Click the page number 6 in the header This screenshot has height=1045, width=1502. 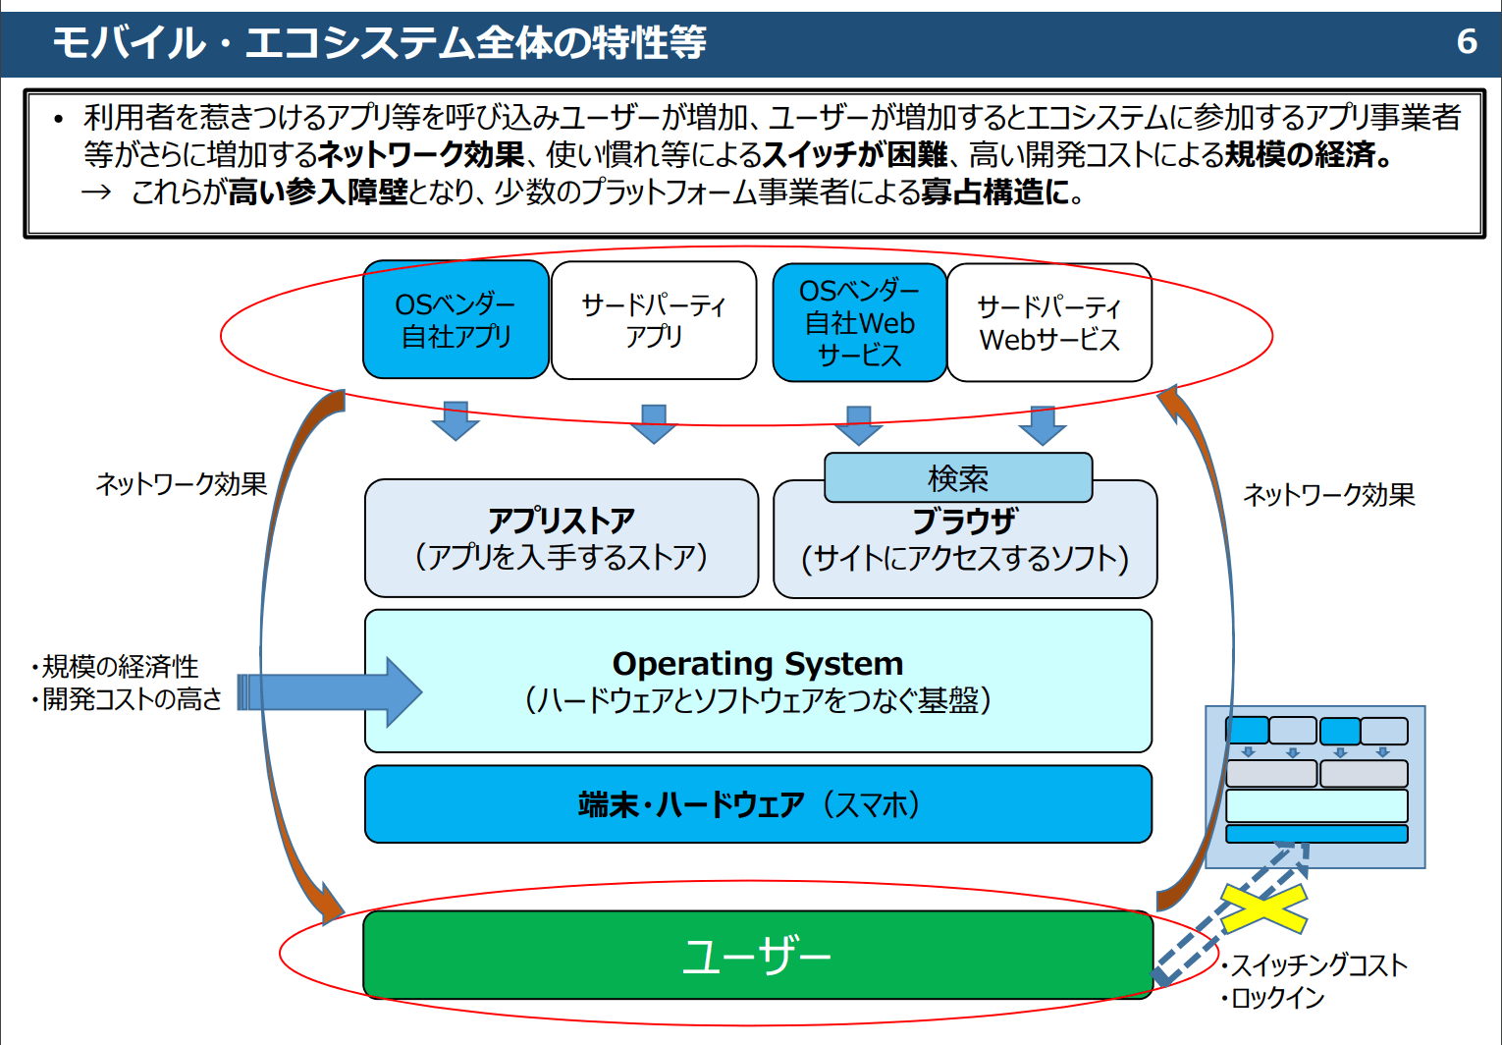(x=1467, y=41)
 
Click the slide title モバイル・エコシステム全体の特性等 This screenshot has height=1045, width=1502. (x=379, y=42)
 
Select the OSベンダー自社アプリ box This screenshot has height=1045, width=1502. (x=456, y=320)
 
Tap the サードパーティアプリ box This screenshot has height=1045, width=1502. (x=654, y=320)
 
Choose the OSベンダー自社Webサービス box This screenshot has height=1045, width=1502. (x=859, y=322)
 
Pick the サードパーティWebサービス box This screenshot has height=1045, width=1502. (x=1049, y=322)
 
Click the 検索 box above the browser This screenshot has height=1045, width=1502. (x=958, y=478)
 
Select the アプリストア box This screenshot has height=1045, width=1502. (x=562, y=538)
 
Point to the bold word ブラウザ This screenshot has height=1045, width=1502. (x=964, y=522)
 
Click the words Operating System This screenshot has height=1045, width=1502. (x=758, y=664)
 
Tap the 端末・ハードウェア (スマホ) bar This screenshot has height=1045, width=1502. (x=758, y=804)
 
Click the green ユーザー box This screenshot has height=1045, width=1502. (x=758, y=955)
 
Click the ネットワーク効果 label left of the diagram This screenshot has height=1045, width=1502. (x=182, y=484)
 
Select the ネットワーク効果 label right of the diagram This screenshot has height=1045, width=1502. (x=1329, y=495)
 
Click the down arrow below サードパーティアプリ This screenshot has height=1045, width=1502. (x=654, y=423)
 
